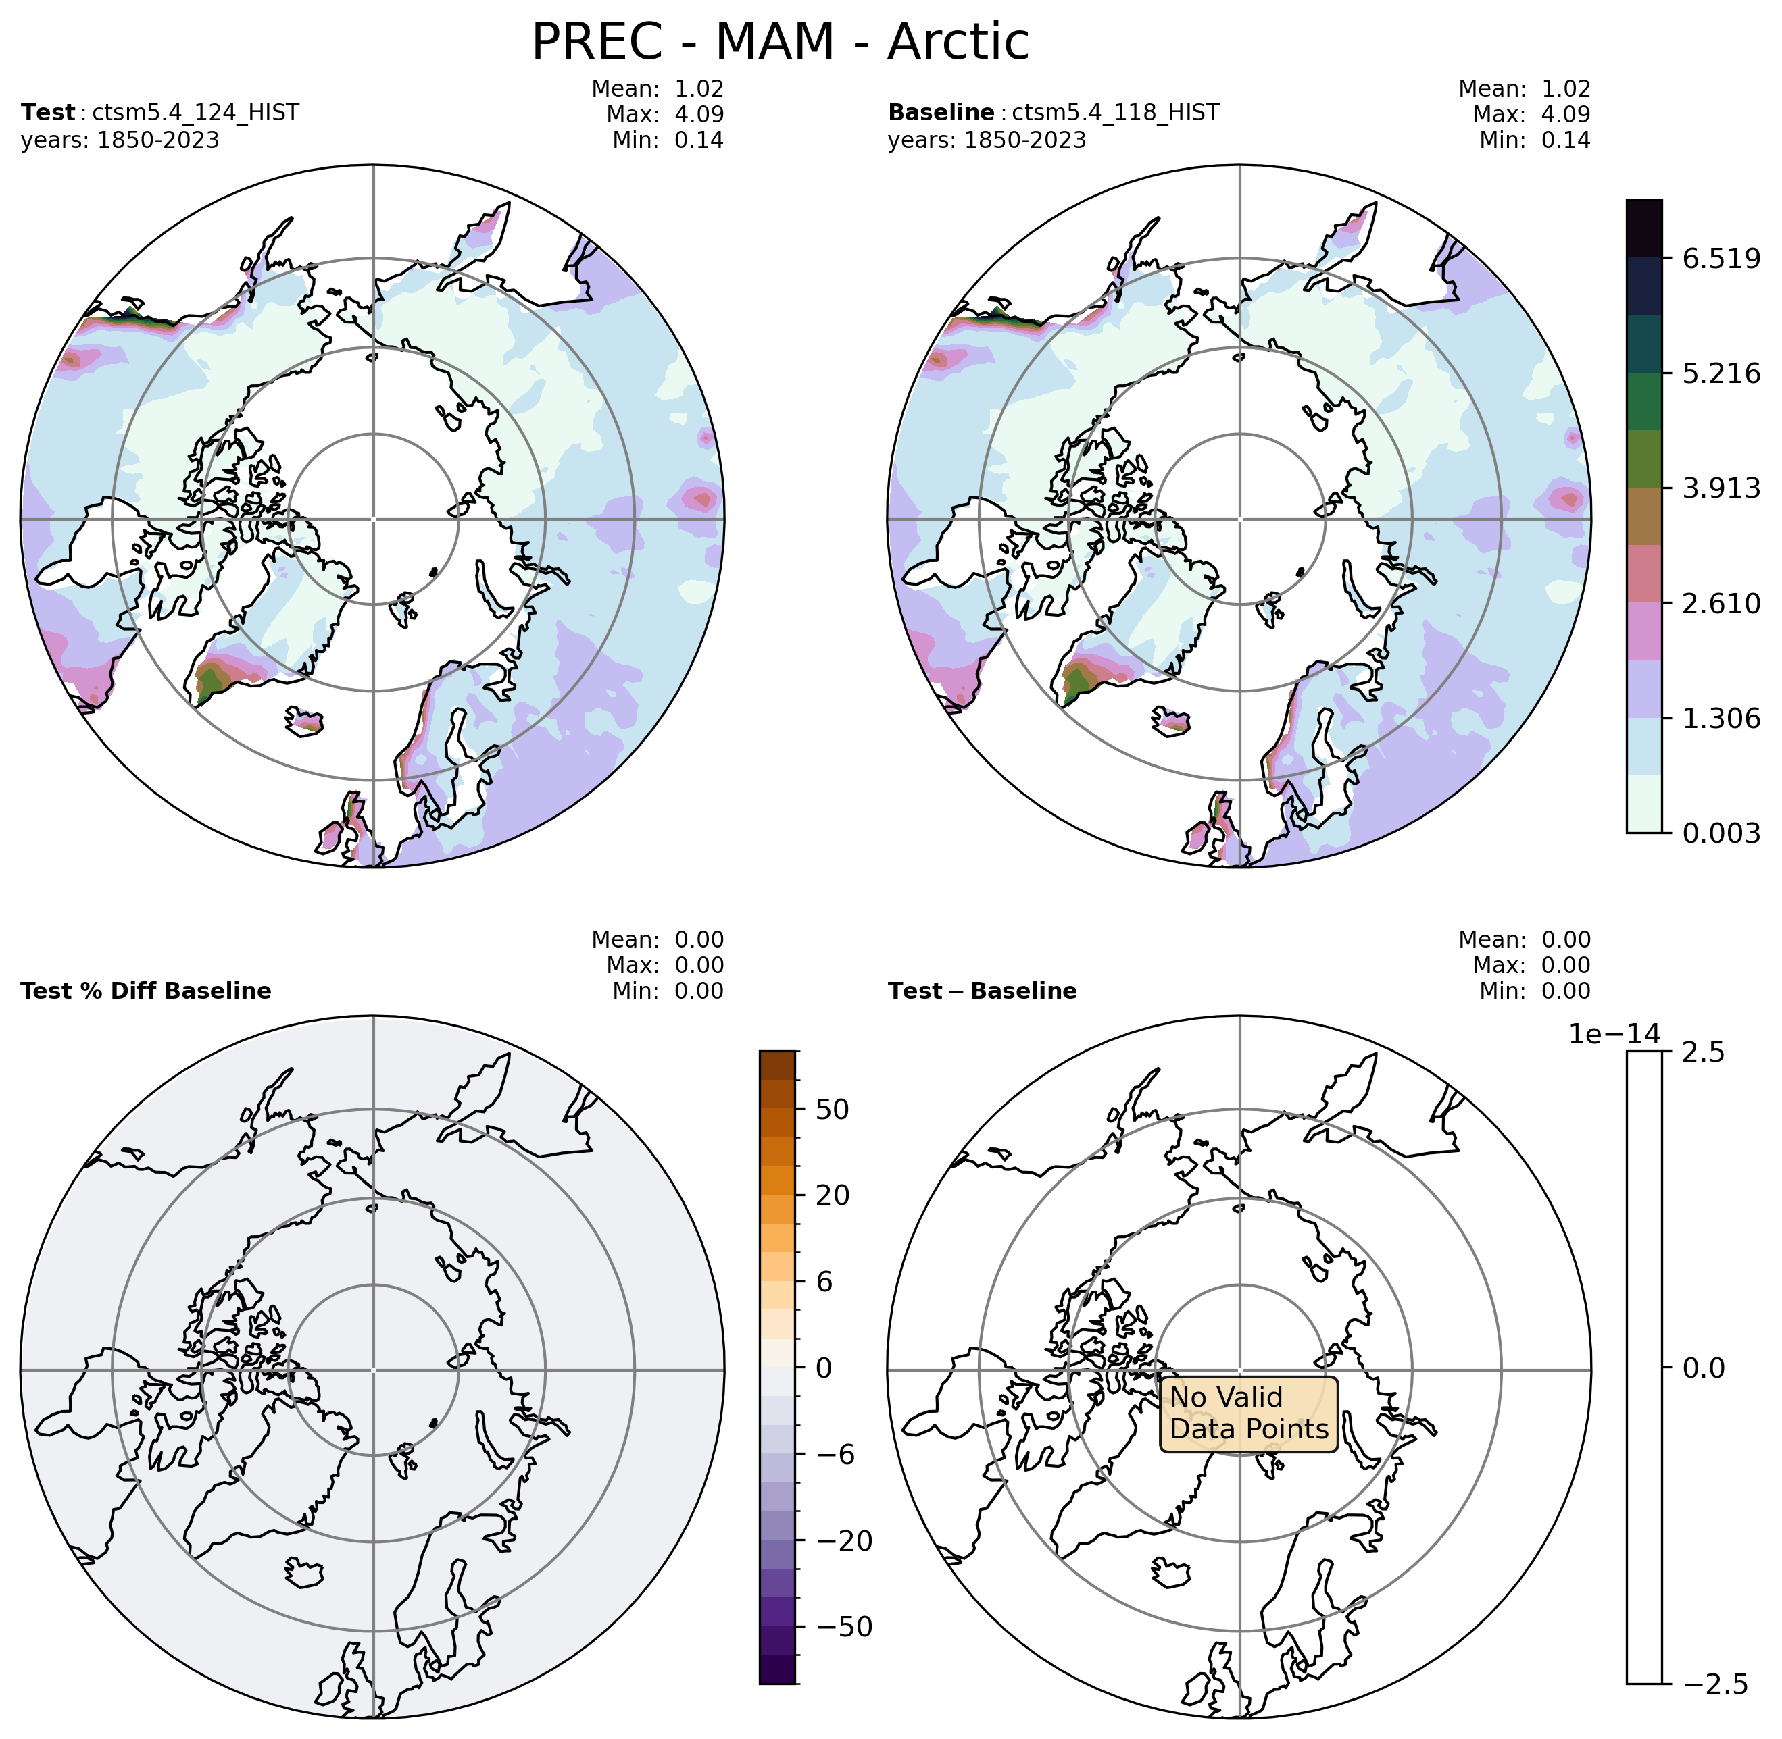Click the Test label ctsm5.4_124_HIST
[195, 112]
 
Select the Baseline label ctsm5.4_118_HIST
[1115, 112]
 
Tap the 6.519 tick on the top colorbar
[1721, 259]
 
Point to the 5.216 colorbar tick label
[1721, 373]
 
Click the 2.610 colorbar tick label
[1721, 604]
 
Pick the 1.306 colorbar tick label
[1721, 719]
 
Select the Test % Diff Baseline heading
[146, 991]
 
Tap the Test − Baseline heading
[983, 991]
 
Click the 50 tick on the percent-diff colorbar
[832, 1110]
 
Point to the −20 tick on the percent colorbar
[843, 1542]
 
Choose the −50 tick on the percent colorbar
[843, 1628]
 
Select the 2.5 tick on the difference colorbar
[1704, 1053]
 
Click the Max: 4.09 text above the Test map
[664, 114]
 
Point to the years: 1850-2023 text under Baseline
[987, 140]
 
